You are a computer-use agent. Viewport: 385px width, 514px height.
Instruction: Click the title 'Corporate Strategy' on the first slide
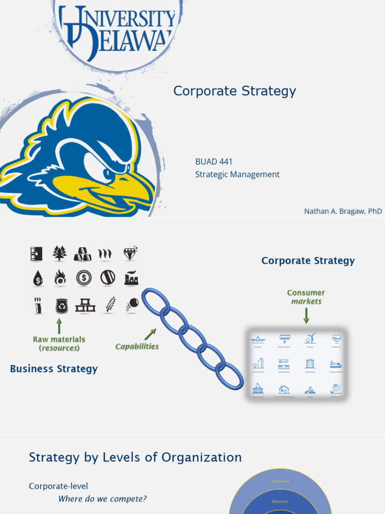tap(235, 91)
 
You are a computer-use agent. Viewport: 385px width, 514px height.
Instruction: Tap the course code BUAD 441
tap(214, 162)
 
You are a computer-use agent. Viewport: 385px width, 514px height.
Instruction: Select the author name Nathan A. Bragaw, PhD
tap(343, 211)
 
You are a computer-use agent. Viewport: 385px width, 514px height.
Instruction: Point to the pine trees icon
tap(60, 253)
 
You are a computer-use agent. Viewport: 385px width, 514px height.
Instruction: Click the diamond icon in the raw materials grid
tap(130, 253)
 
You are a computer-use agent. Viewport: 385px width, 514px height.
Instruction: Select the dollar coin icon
tap(84, 278)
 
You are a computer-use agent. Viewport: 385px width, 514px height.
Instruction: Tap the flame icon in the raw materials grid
tap(60, 278)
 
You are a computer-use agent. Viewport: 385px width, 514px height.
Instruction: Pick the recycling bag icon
tap(61, 305)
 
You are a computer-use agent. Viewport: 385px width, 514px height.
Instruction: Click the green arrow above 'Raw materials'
tap(59, 325)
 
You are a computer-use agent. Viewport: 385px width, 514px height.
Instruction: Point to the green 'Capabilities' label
tap(137, 346)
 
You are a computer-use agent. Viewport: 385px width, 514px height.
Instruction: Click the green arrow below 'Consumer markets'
tap(306, 315)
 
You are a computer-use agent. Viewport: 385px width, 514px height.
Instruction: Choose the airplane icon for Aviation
tap(258, 339)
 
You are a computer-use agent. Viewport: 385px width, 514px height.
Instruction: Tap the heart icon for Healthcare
tap(336, 339)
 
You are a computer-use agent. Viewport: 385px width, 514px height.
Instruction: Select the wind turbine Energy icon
tap(310, 339)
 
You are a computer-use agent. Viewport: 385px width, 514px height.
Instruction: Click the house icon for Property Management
tap(284, 389)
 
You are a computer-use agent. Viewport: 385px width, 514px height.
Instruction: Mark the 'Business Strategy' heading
tap(54, 369)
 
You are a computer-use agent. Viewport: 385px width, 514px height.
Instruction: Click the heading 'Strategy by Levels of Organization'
tap(135, 457)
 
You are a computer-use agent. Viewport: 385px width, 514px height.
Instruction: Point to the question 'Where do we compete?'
tap(102, 499)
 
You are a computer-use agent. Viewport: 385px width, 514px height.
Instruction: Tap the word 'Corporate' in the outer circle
tap(280, 481)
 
